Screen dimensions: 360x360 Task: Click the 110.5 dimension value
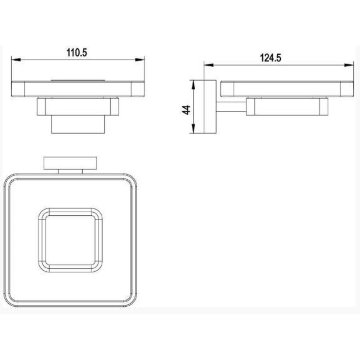pos(77,52)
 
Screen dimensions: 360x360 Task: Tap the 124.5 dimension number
pos(270,58)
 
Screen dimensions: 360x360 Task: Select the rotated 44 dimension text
pos(186,110)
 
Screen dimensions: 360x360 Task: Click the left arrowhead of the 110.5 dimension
pos(16,60)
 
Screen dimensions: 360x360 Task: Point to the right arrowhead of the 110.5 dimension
pos(140,60)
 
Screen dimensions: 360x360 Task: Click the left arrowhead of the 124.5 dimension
pos(209,65)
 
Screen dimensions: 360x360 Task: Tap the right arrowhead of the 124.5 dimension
pos(349,65)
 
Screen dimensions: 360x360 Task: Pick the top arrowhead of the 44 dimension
pos(193,85)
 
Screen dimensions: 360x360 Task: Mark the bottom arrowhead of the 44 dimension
pos(193,128)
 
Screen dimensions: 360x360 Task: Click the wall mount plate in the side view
pos(210,107)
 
